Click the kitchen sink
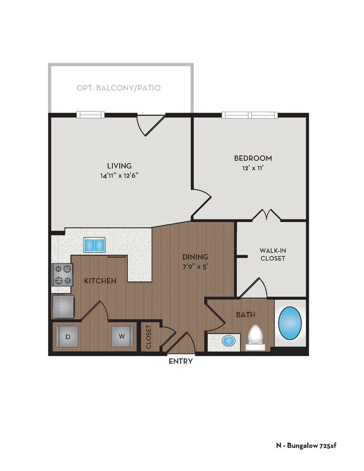click(94, 244)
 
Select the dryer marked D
click(67, 336)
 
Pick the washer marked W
click(121, 336)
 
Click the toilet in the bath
click(255, 337)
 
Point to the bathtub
click(290, 324)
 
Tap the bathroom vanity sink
click(228, 340)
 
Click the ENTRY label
click(181, 361)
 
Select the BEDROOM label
click(253, 158)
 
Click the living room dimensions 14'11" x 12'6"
click(119, 175)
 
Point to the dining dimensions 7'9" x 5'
click(195, 266)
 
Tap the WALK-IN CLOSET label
click(272, 254)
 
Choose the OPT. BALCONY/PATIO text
click(119, 88)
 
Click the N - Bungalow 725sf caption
click(306, 445)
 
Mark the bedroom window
click(250, 116)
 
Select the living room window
click(90, 115)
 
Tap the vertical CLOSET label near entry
click(149, 337)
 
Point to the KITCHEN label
click(100, 281)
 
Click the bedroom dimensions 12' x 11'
click(253, 167)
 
